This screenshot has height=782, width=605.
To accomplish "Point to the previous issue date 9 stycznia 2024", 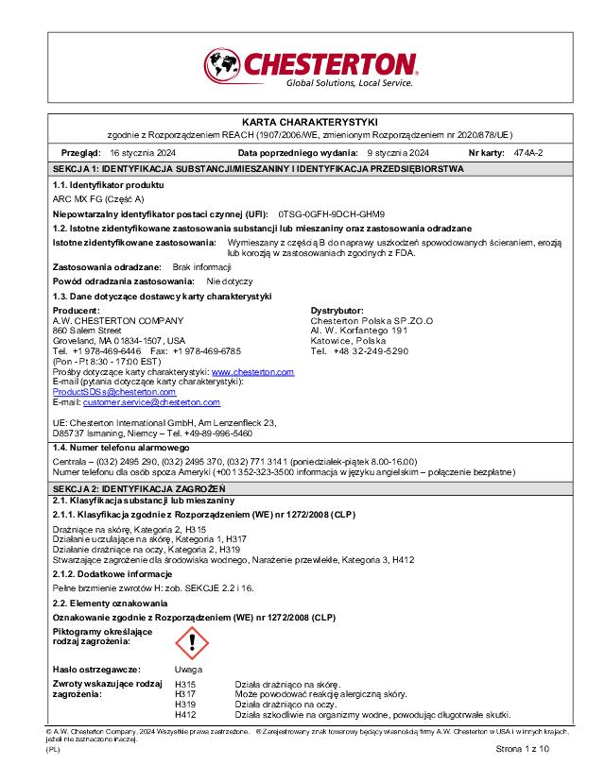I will pyautogui.click(x=398, y=152).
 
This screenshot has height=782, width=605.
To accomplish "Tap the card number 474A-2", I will pyautogui.click(x=528, y=152).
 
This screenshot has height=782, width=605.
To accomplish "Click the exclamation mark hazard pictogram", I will pyautogui.click(x=192, y=644).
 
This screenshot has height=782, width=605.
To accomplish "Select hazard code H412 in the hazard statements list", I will pyautogui.click(x=185, y=715).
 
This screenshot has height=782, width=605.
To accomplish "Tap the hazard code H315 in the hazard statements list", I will pyautogui.click(x=185, y=684).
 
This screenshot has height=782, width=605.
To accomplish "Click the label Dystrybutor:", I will pyautogui.click(x=337, y=310).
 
